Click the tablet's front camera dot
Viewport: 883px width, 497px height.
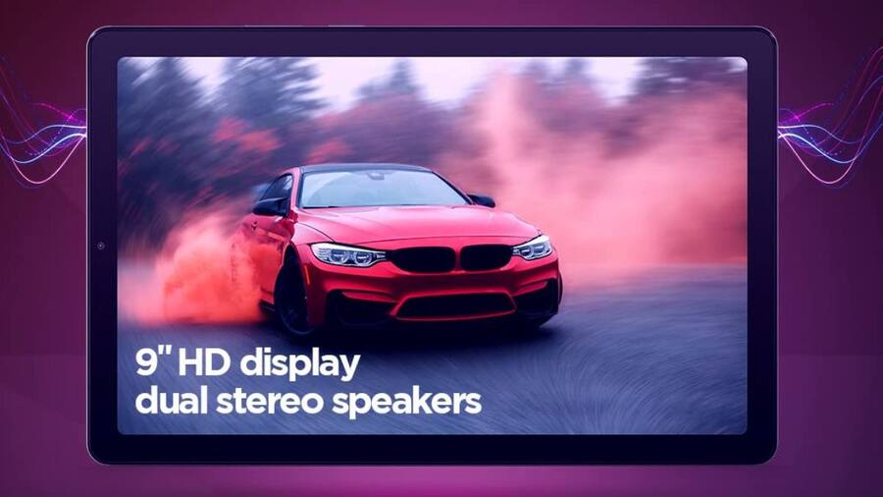click(x=101, y=246)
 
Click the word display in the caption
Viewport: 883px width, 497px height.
click(x=299, y=364)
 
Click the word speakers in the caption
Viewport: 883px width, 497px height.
click(x=406, y=403)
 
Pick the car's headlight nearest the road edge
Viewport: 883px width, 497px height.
click(x=533, y=248)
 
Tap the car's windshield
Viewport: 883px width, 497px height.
click(x=382, y=189)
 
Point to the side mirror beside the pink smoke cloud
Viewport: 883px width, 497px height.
click(x=482, y=200)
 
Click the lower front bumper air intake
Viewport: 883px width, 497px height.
click(x=455, y=306)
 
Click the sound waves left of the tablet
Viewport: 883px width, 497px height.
click(x=43, y=136)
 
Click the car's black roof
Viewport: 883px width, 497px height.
click(x=366, y=168)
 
